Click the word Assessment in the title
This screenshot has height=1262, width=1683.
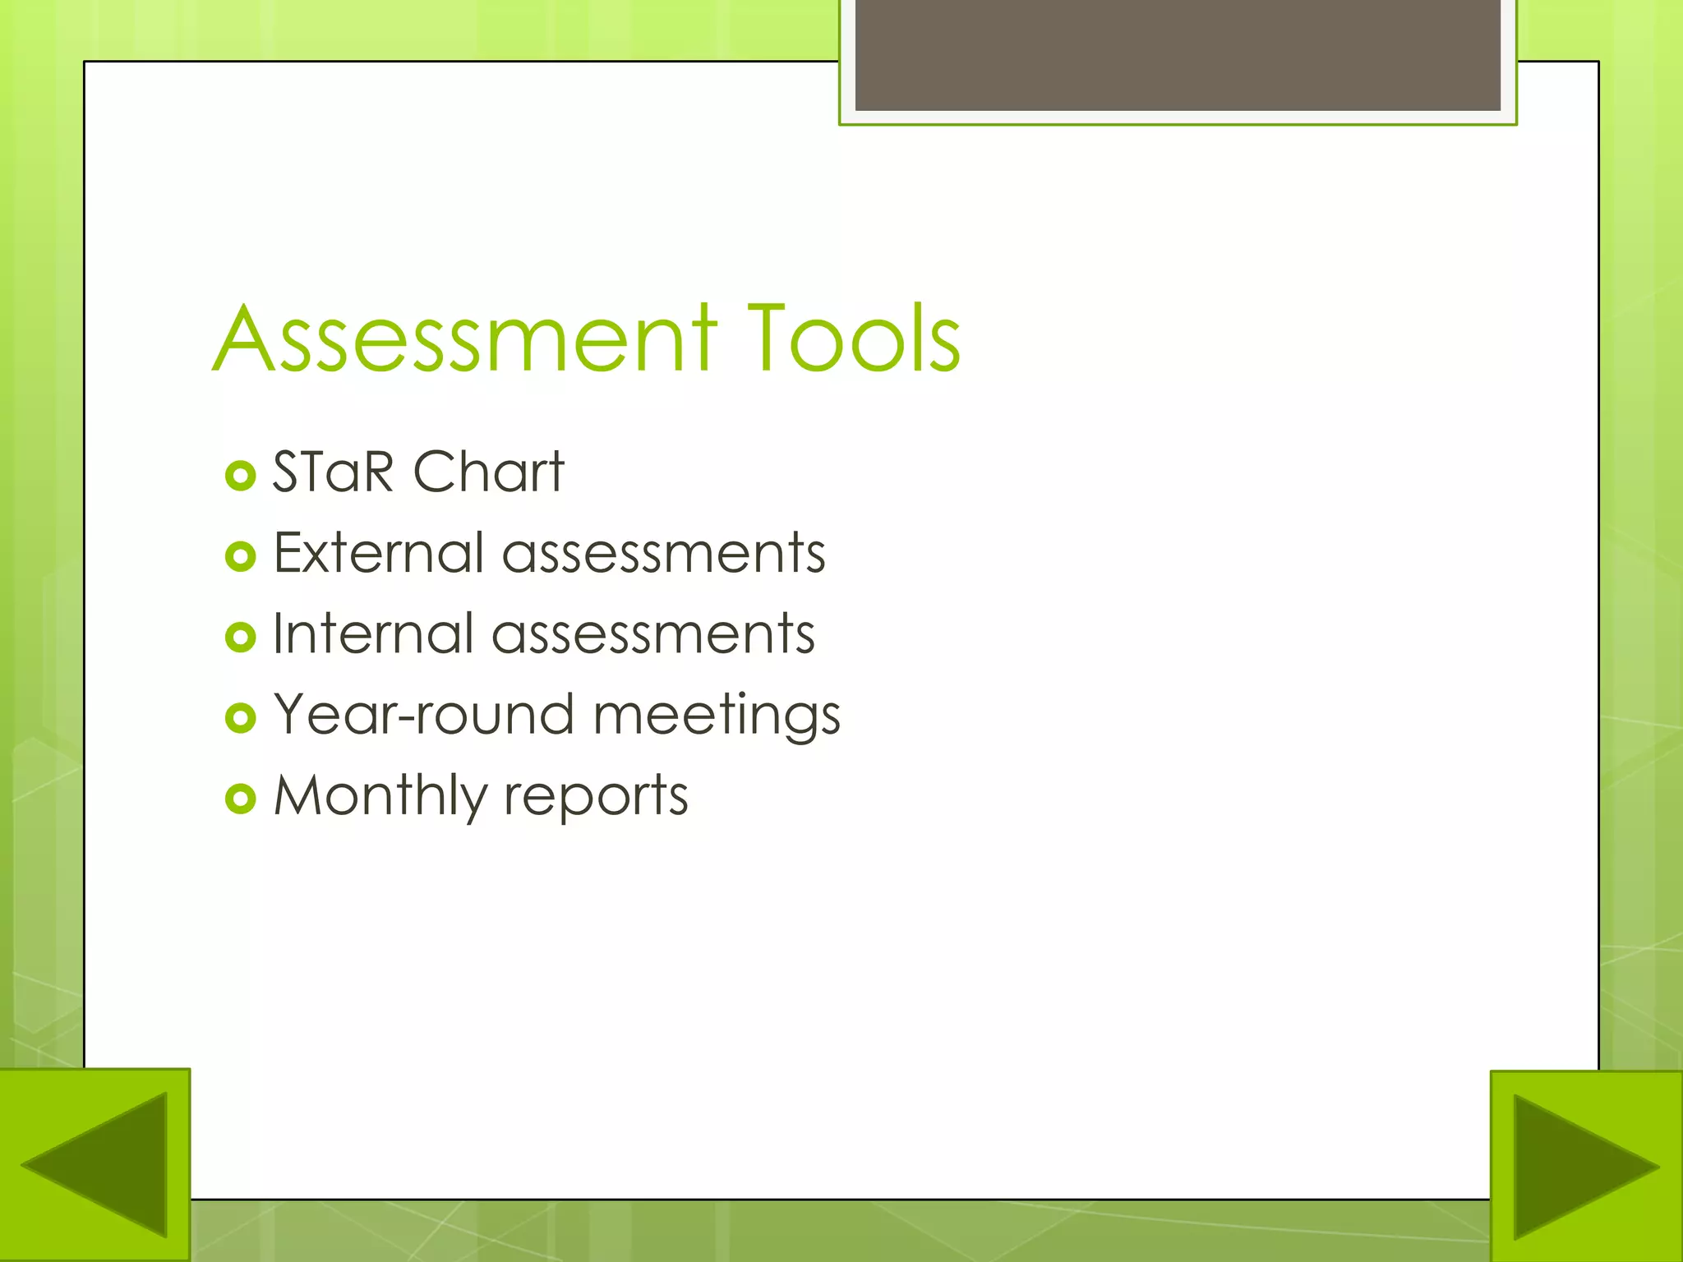465,339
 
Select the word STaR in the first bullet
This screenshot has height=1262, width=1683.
333,472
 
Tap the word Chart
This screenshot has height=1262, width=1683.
488,472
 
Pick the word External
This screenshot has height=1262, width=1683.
377,552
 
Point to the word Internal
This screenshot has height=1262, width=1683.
372,633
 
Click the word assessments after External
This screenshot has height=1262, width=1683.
663,552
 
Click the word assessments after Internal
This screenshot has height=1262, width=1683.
653,633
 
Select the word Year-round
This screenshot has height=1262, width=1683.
423,714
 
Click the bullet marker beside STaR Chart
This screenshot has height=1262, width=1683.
240,476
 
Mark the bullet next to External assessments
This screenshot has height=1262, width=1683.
240,556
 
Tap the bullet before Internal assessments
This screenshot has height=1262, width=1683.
240,637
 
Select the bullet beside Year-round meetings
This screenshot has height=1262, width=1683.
240,717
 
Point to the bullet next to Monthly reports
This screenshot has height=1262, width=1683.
240,798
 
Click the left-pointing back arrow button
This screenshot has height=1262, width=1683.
95,1165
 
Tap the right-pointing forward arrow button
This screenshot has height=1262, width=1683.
1586,1167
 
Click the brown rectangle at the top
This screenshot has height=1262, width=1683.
1178,54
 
